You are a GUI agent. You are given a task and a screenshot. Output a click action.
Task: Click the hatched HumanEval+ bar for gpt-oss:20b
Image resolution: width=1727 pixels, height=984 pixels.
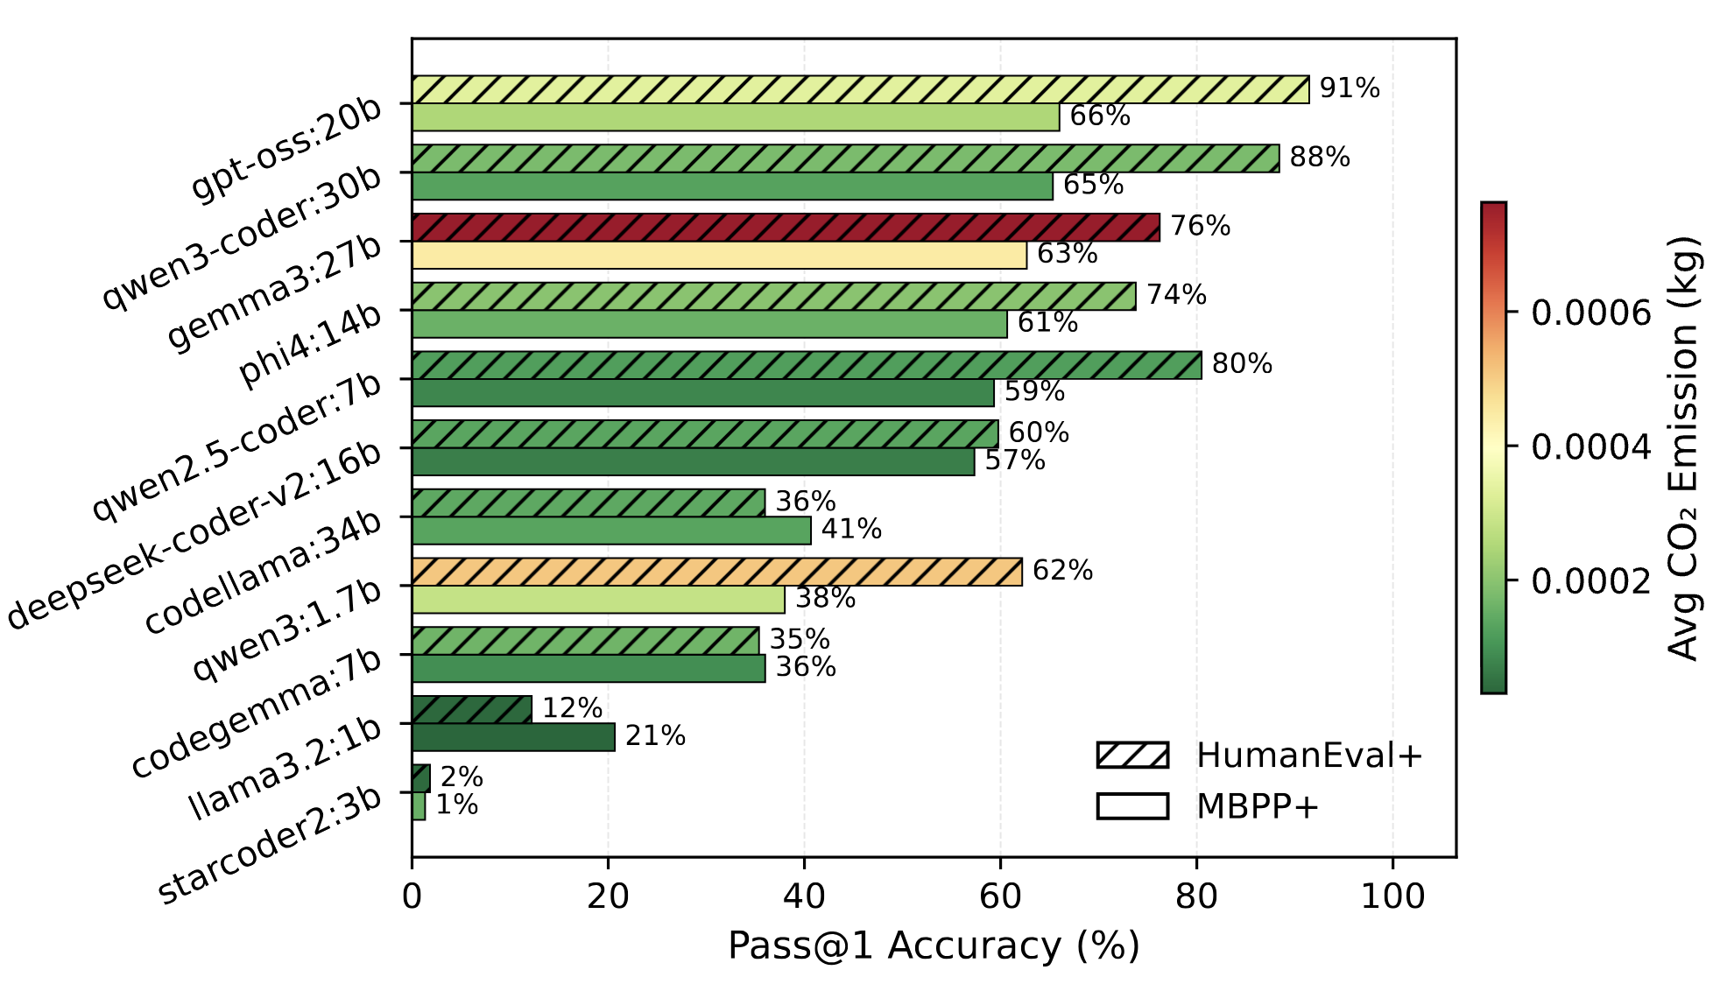coord(860,89)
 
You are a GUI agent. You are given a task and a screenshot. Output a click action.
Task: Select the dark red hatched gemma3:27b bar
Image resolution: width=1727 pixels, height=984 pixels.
coord(786,228)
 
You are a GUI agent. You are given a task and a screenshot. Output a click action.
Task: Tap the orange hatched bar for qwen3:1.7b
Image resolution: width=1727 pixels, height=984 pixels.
coord(716,572)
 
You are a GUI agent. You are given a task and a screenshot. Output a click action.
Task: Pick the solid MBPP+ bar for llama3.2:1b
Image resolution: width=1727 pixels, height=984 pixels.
coord(513,737)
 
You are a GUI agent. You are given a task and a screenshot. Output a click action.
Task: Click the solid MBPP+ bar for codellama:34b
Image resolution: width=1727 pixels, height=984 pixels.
coord(611,531)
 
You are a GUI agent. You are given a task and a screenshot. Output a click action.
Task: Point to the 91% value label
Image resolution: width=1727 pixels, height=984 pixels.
coord(1350,88)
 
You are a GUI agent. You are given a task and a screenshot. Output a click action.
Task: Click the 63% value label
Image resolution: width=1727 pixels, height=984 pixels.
coord(1067,254)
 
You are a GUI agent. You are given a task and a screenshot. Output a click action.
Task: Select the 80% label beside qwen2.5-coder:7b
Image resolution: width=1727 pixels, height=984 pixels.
coord(1242,364)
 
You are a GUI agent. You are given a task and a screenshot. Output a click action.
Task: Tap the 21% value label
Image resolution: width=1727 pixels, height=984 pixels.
coord(655,736)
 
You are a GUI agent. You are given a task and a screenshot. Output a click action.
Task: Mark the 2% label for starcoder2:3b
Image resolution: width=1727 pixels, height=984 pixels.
coord(462,777)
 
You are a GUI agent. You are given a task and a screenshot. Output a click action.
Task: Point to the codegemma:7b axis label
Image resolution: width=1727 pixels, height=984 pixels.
coord(257,713)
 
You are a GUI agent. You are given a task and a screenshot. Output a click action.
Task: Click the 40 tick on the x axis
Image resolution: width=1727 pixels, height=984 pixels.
coord(804,897)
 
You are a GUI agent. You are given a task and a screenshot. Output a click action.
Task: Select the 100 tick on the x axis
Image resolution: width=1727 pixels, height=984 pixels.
coord(1392,897)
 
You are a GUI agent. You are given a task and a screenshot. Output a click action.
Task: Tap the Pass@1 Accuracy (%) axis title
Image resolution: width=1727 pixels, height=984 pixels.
coord(934,946)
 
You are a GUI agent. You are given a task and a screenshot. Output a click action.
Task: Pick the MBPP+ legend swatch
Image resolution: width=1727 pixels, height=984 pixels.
coord(1132,806)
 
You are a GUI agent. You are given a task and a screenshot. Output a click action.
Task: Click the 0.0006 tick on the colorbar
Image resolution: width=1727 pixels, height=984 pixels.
coord(1590,312)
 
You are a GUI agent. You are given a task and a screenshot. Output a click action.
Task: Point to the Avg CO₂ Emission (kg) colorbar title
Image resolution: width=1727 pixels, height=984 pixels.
coord(1682,447)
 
